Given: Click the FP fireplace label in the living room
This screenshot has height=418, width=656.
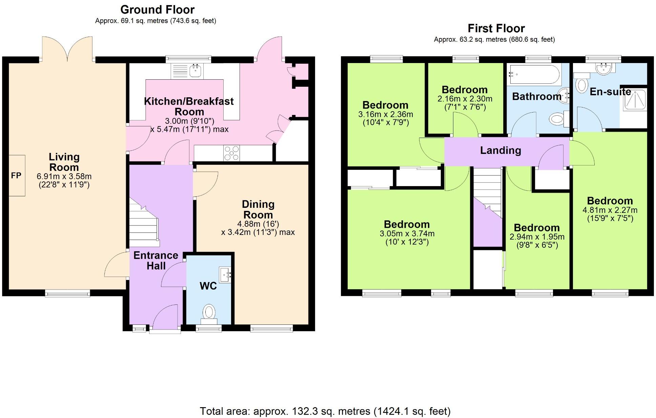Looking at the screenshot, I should [x=16, y=175].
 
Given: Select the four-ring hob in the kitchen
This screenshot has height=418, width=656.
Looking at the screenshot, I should [x=231, y=153].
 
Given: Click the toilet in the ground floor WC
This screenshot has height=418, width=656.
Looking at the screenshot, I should [x=209, y=312].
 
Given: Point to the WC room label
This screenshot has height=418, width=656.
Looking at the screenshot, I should [x=208, y=286].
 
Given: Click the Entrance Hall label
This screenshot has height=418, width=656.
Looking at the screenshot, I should [x=156, y=260].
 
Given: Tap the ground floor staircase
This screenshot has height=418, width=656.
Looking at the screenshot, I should [x=144, y=224].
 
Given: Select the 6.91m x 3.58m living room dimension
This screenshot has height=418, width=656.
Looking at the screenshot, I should [x=64, y=176].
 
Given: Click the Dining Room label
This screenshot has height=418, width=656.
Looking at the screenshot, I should [x=258, y=210].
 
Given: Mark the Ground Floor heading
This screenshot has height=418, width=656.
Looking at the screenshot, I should [x=157, y=9].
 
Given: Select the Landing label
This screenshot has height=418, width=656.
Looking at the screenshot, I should [x=500, y=150].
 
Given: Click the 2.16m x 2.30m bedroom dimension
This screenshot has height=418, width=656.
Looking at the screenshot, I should [x=465, y=99].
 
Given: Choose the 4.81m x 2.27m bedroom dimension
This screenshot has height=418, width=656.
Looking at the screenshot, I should [x=610, y=210].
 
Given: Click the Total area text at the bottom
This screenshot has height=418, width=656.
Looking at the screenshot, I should [x=325, y=411].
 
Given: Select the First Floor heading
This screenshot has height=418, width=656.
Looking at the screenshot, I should [x=496, y=28].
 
